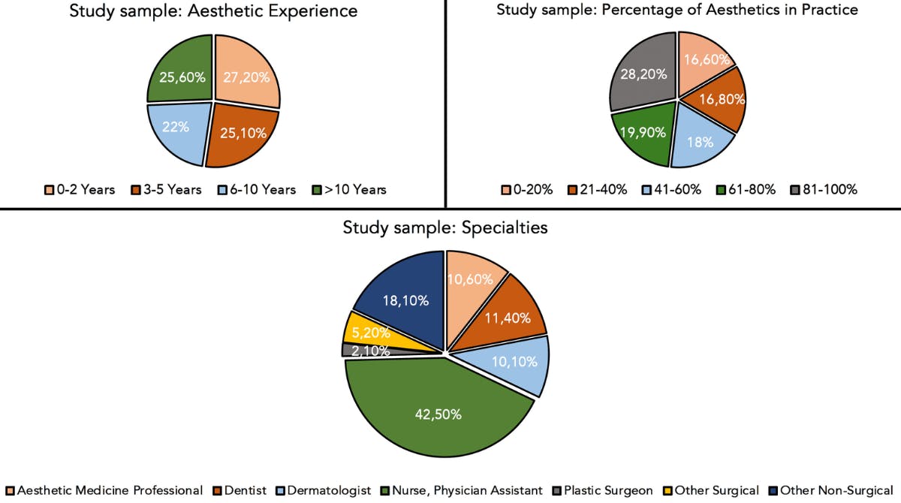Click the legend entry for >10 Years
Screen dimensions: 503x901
(350, 190)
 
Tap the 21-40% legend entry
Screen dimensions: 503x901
(597, 190)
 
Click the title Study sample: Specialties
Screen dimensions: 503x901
(445, 227)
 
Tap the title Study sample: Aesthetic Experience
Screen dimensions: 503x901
(213, 11)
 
